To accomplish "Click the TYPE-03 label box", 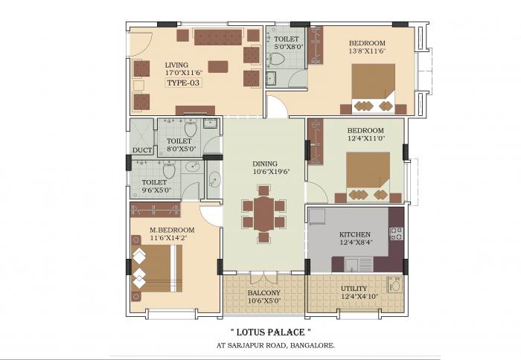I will click(184, 84).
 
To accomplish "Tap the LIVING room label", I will click(176, 65).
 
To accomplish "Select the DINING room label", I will click(264, 164).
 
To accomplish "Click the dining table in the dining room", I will click(263, 213).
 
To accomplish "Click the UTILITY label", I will click(353, 289).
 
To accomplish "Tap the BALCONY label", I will click(263, 293).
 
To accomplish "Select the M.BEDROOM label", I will click(171, 230).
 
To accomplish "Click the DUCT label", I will click(141, 150).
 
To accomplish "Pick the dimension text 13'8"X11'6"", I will click(367, 51).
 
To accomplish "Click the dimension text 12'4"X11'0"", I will click(365, 138).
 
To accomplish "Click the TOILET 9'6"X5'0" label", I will click(156, 186).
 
